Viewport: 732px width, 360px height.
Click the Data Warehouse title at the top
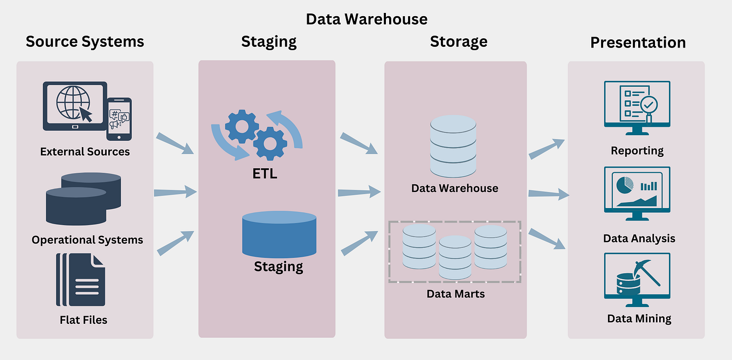tap(367, 19)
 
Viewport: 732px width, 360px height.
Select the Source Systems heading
tap(85, 41)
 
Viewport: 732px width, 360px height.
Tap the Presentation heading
tap(638, 43)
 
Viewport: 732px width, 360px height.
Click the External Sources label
tap(85, 151)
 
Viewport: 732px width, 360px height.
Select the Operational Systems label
tap(87, 240)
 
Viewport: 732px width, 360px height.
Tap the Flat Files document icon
tap(81, 279)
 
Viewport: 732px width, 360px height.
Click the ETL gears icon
tap(257, 134)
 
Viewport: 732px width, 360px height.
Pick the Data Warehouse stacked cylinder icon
tap(453, 146)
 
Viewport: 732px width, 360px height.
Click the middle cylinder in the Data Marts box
tap(455, 258)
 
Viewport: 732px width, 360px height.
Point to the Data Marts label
tap(455, 294)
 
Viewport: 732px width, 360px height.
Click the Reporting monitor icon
tap(637, 107)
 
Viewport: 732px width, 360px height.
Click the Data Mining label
tap(639, 319)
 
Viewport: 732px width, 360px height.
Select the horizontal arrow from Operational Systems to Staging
tap(175, 192)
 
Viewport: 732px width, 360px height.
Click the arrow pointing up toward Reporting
tap(546, 149)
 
